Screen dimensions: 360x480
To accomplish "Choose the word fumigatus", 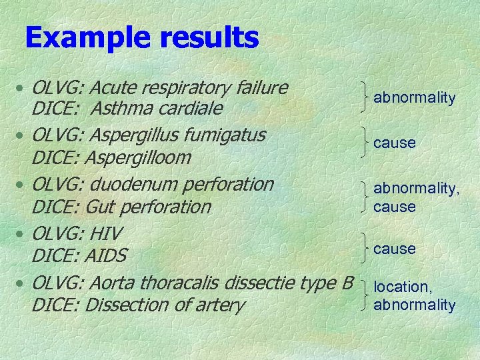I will pyautogui.click(x=223, y=135).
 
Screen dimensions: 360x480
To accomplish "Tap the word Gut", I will pyautogui.click(x=101, y=207).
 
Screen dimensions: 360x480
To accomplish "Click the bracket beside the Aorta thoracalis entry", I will pyautogui.click(x=363, y=295).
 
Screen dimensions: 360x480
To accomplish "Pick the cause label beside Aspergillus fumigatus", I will pyautogui.click(x=394, y=143).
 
